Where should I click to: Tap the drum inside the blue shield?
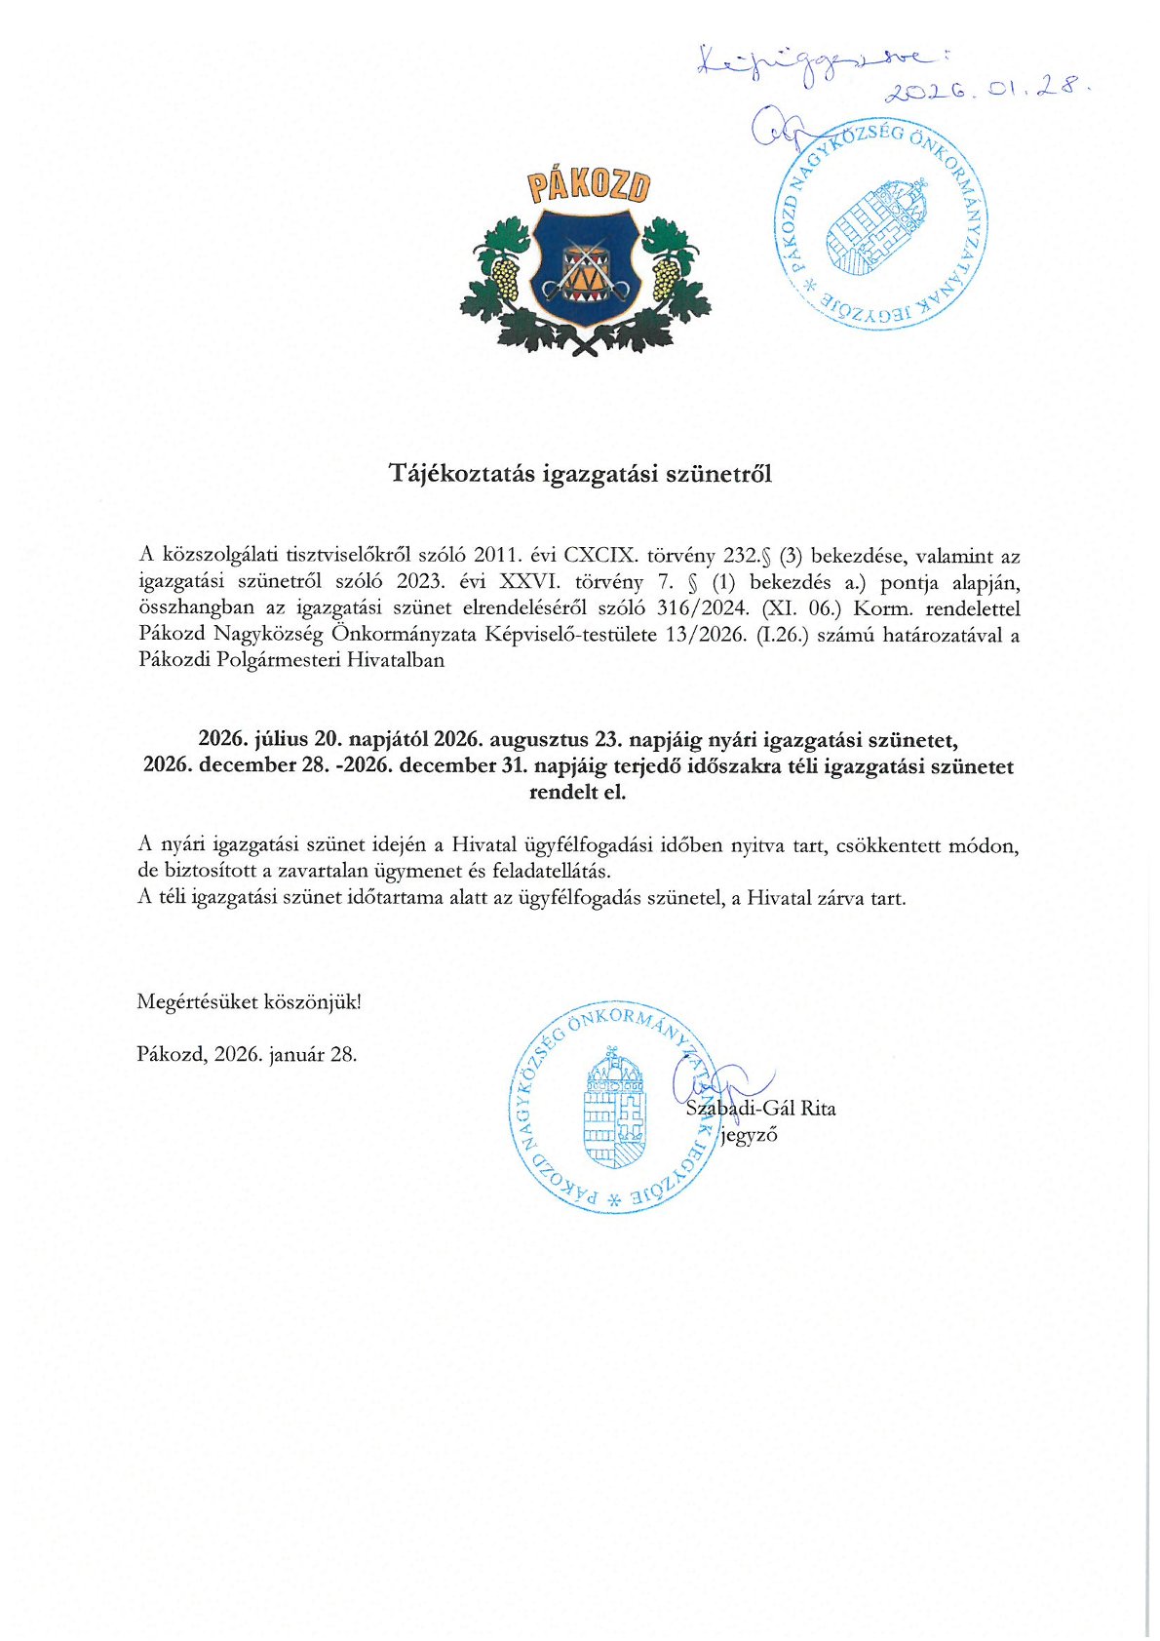tap(586, 267)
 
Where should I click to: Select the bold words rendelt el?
tap(577, 792)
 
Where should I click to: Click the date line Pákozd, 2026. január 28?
tap(248, 1054)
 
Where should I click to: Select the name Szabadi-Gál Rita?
tap(761, 1109)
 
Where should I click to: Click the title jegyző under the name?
tap(749, 1135)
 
